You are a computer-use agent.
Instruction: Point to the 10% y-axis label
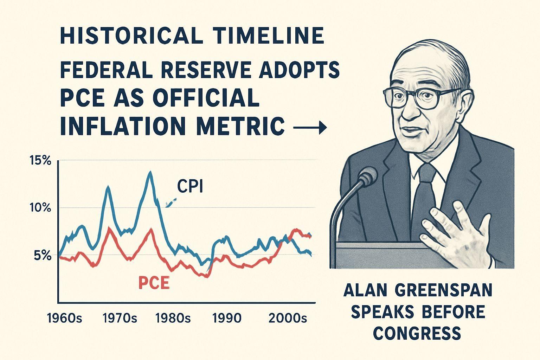[x=41, y=208]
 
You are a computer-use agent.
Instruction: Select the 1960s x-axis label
[x=64, y=319]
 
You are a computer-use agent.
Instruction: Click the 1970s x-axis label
[x=120, y=319]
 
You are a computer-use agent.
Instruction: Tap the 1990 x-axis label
[x=227, y=319]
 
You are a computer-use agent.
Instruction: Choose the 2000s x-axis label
[x=288, y=319]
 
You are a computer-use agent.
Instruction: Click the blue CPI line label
[x=190, y=187]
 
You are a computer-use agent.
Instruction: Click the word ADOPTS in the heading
[x=300, y=70]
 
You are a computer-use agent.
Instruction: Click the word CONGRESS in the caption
[x=417, y=333]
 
